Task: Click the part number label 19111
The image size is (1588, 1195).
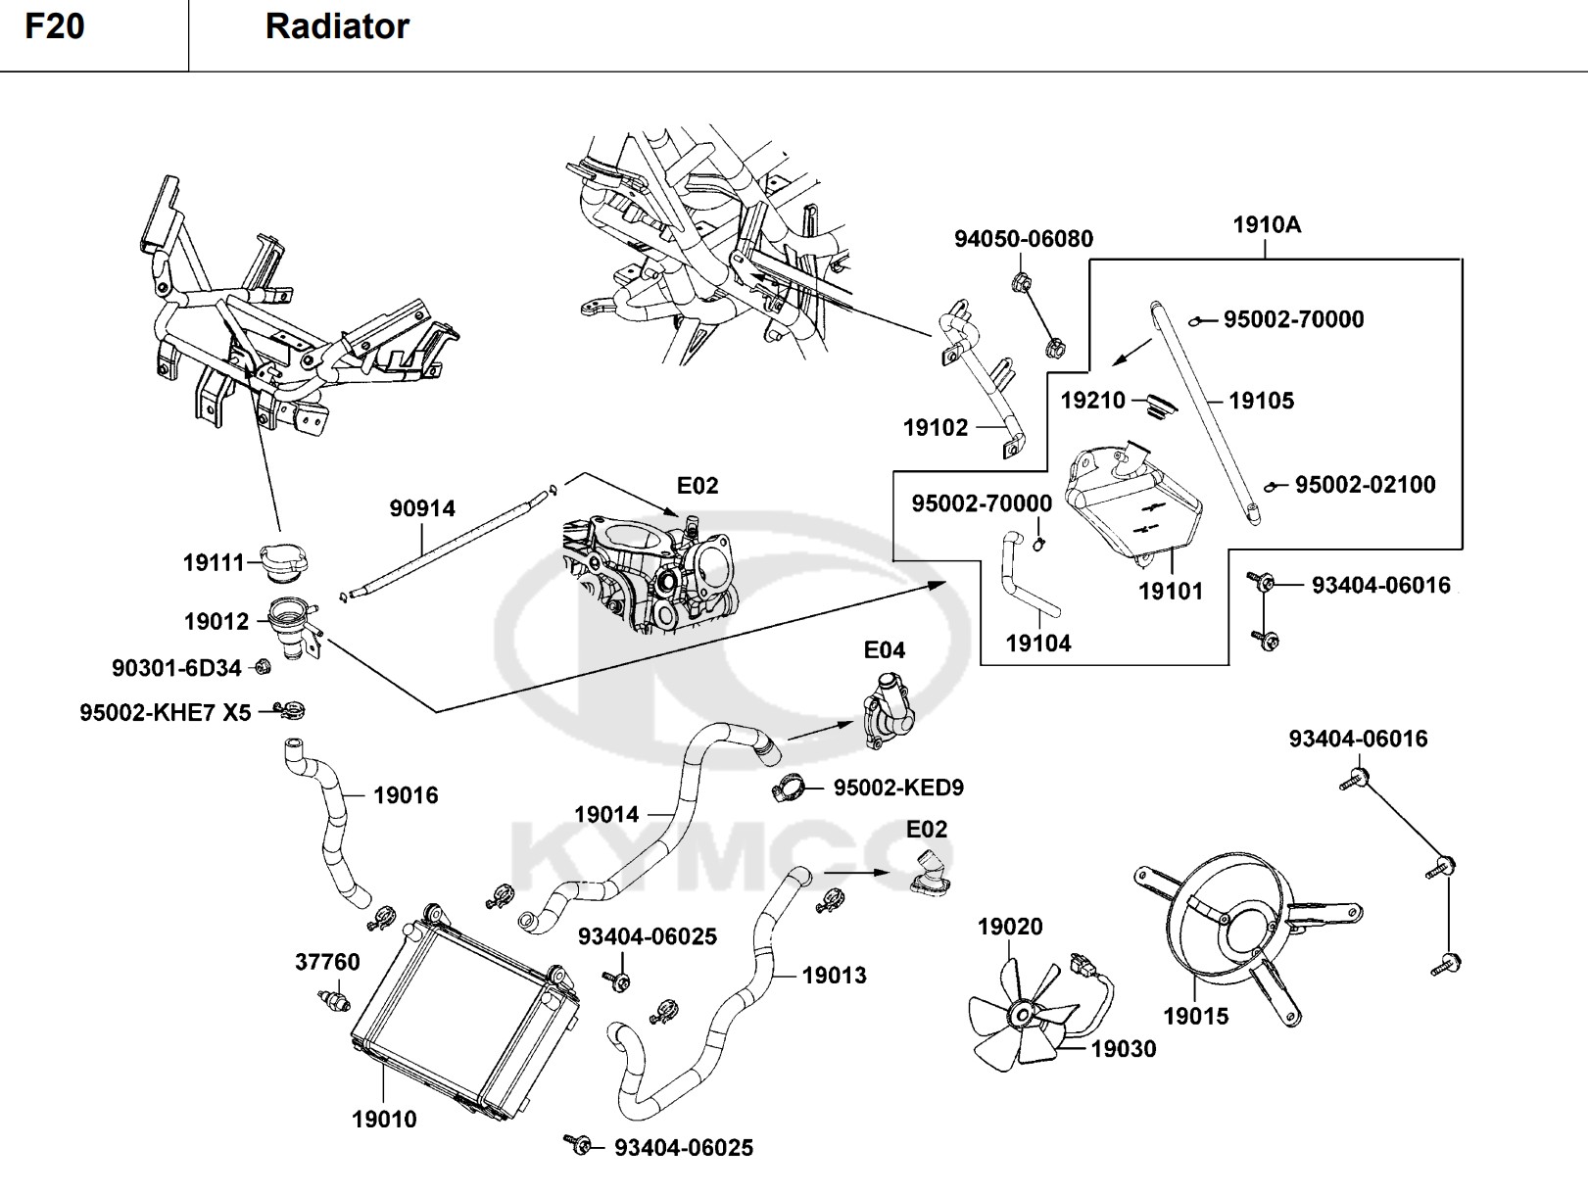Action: (214, 563)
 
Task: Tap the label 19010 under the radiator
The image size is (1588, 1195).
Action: (384, 1120)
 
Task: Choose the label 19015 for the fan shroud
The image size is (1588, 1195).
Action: (1195, 1017)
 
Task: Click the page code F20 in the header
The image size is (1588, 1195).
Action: (55, 26)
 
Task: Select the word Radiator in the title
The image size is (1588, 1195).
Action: (337, 26)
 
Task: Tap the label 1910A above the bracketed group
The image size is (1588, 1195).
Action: (1267, 225)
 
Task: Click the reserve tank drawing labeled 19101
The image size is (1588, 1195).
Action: (1136, 500)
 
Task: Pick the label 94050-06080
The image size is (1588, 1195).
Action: (1024, 239)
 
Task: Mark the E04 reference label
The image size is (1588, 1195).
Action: (884, 650)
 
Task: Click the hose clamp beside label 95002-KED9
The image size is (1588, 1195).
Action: (795, 786)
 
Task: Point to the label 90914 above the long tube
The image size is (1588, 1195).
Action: (422, 508)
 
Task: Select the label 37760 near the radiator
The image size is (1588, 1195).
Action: (327, 962)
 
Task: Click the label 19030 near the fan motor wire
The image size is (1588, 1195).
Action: (1124, 1049)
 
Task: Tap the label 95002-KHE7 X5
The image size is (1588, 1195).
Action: (166, 713)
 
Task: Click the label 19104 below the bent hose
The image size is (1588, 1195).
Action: (1038, 644)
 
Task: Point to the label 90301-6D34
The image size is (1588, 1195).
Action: (176, 668)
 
